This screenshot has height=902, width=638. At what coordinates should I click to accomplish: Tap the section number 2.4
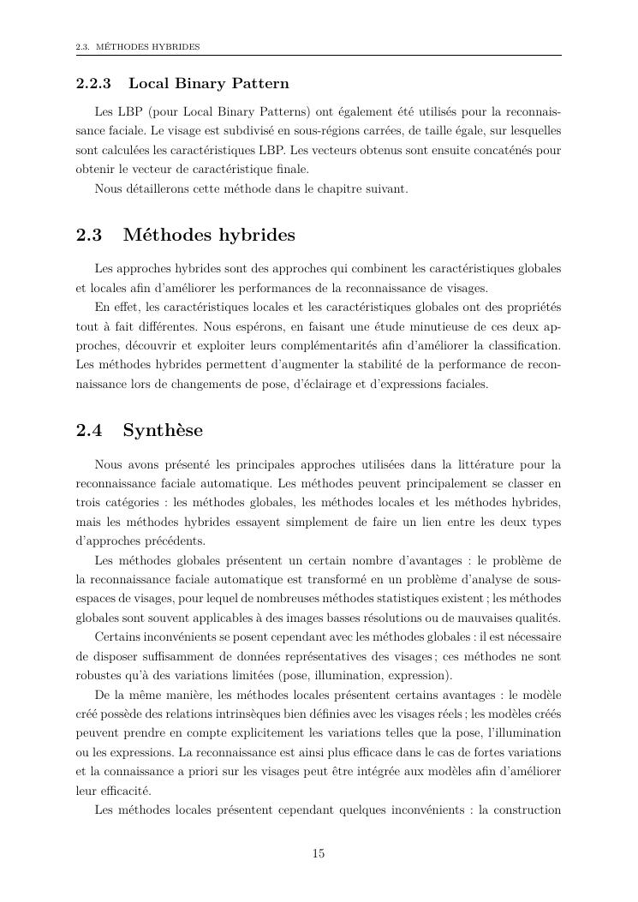[x=89, y=429]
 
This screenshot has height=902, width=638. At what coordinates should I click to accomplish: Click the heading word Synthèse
[x=163, y=429]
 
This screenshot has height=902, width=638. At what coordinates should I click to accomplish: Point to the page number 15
[x=319, y=853]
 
